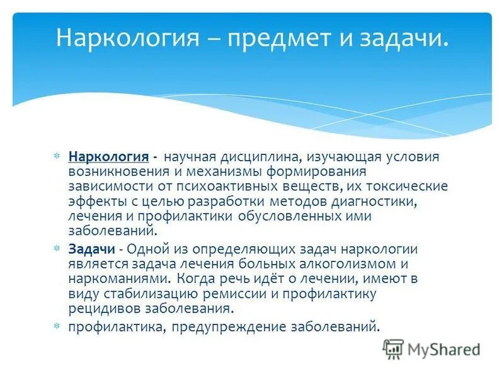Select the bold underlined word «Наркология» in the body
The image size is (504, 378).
[108, 156]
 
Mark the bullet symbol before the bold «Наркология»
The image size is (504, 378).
[57, 156]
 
